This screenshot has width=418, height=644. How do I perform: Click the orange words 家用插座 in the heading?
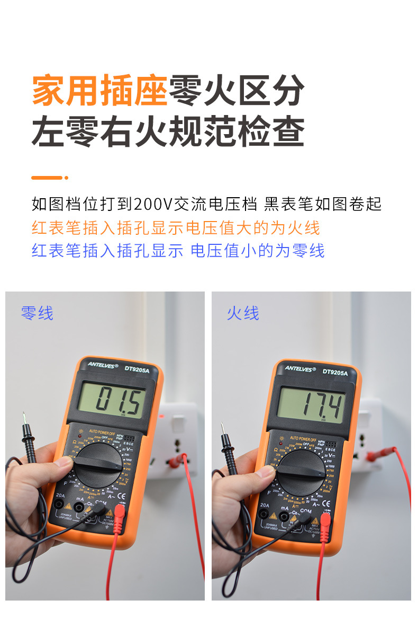[99, 91]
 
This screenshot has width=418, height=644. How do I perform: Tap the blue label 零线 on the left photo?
[37, 313]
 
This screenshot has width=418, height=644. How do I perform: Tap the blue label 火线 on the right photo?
[243, 313]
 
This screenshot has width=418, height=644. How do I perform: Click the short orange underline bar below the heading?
[49, 178]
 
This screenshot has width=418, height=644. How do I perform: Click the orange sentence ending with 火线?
[176, 227]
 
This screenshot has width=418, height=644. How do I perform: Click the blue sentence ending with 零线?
[178, 250]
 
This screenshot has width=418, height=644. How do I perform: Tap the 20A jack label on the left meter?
[60, 497]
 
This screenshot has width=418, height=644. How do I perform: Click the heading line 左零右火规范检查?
[168, 131]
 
